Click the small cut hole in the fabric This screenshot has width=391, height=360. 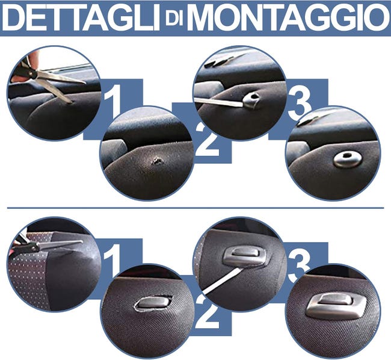(x=158, y=160)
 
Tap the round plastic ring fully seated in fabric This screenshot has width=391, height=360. (x=347, y=159)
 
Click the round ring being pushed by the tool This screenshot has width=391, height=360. (x=251, y=99)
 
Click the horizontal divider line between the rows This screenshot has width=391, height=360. (x=195, y=208)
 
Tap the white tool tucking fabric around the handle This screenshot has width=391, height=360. (x=223, y=281)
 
